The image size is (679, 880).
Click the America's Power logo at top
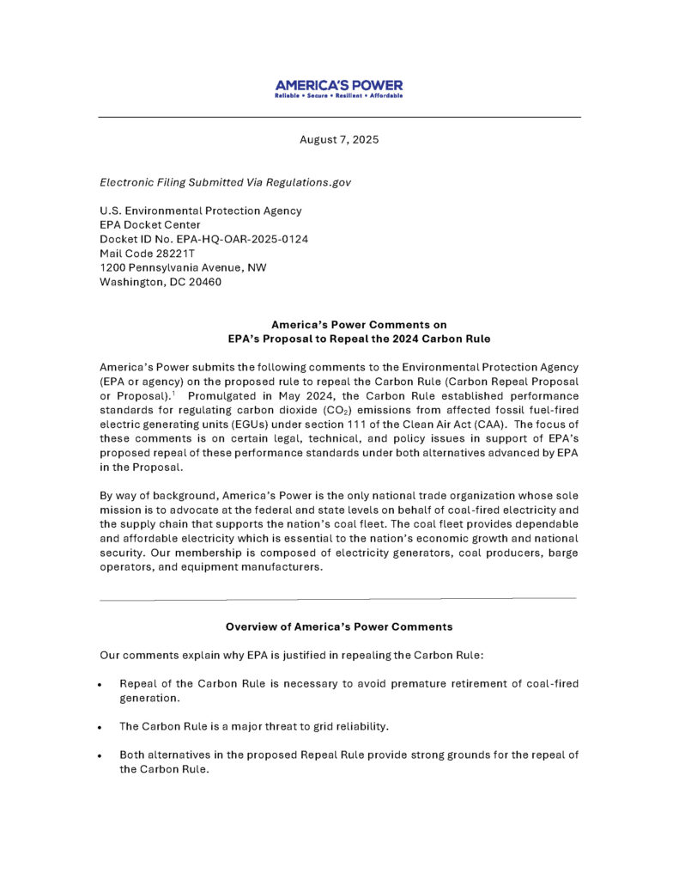(x=338, y=85)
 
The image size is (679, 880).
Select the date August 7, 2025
(x=339, y=139)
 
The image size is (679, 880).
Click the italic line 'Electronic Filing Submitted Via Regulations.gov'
(x=225, y=182)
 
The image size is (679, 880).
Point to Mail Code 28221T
(x=148, y=254)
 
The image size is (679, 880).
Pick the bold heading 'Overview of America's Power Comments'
(x=339, y=627)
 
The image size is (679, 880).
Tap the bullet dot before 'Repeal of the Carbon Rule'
(x=100, y=686)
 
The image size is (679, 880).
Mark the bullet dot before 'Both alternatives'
(x=100, y=756)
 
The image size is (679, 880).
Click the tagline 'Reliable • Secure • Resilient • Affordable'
(x=338, y=95)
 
